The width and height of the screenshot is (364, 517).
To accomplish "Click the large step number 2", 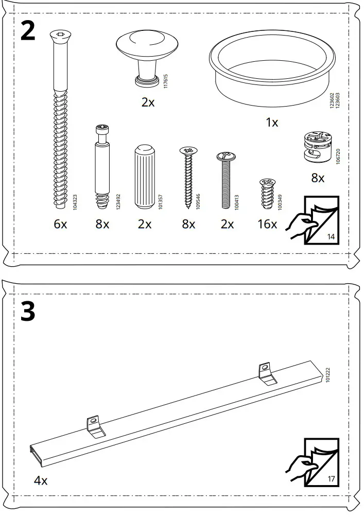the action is pos(28,30).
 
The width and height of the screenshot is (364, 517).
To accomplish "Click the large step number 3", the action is pos(28,312).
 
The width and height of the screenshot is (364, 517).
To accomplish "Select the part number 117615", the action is pos(165,81).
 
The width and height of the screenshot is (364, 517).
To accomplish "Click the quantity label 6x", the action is pos(60,224).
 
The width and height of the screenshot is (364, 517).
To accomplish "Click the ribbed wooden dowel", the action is pos(144,177).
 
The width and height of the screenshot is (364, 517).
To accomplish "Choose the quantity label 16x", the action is pos(267,224).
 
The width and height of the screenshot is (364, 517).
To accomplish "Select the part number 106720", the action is pos(338,157).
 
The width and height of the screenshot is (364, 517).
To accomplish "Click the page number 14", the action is pos(331,236).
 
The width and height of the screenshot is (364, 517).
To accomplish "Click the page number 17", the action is pos(331,478).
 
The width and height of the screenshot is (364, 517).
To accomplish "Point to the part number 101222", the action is pos(328,375).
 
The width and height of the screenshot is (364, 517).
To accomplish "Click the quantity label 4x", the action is pos(41,480).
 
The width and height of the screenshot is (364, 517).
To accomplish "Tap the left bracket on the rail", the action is pos(96,426).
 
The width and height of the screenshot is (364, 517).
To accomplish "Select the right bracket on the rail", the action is pos(267,373).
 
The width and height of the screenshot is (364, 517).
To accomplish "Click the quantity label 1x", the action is pos(272,123).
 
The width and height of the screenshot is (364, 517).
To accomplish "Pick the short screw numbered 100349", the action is pos(267,194).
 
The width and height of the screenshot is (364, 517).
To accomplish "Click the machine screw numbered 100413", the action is pos(226,180).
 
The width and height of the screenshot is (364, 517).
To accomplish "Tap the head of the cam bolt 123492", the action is pos(102,129).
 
